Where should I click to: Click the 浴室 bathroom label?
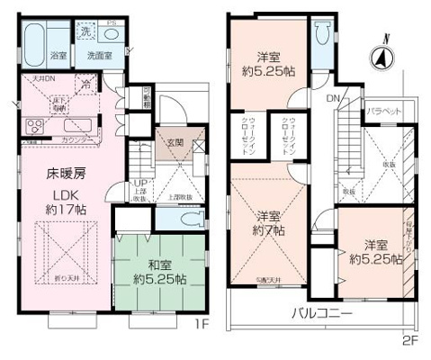click(x=58, y=55)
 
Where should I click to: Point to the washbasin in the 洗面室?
click(x=112, y=34)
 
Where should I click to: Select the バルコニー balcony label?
click(x=322, y=315)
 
